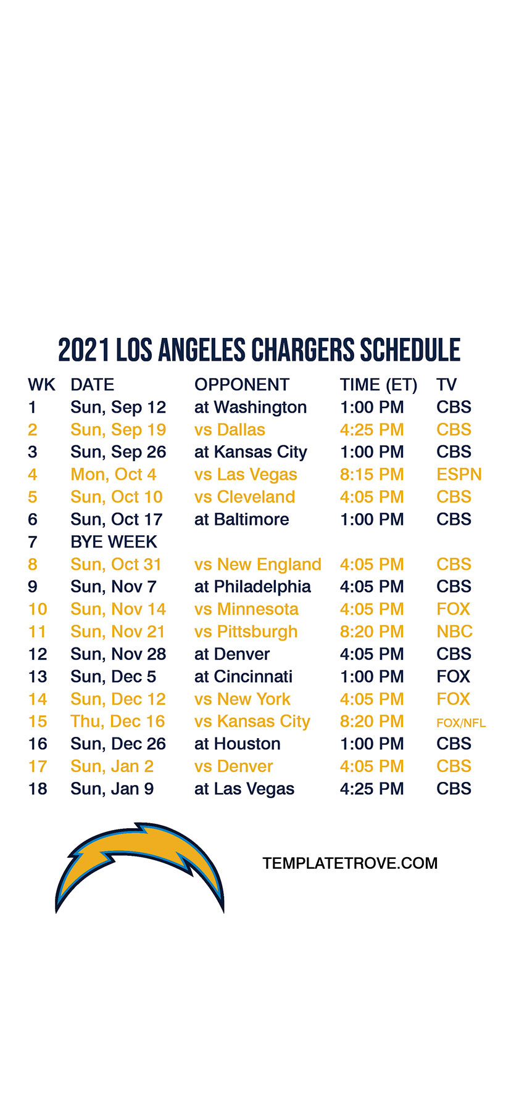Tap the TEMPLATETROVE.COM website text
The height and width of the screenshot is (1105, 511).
pyautogui.click(x=350, y=863)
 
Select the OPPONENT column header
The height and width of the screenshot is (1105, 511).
pyautogui.click(x=242, y=385)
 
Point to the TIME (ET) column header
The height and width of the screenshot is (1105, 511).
pyautogui.click(x=378, y=385)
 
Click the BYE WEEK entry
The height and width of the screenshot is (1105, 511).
pyautogui.click(x=114, y=542)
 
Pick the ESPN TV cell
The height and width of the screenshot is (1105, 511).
pyautogui.click(x=459, y=475)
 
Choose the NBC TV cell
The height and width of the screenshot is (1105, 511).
pyautogui.click(x=454, y=632)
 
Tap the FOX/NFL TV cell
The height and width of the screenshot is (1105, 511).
pyautogui.click(x=461, y=723)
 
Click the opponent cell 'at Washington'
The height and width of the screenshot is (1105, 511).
pyautogui.click(x=251, y=408)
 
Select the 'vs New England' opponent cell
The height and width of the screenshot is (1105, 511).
pyautogui.click(x=258, y=565)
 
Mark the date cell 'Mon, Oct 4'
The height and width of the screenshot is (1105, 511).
pyautogui.click(x=114, y=475)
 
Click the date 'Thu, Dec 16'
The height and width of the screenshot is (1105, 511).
pyautogui.click(x=118, y=721)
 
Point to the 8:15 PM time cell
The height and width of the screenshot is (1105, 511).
pyautogui.click(x=372, y=475)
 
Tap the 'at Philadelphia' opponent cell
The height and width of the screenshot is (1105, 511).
pyautogui.click(x=253, y=587)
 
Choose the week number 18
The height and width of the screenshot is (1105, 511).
pyautogui.click(x=38, y=789)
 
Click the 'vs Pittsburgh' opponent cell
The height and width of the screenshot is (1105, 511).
pyautogui.click(x=246, y=632)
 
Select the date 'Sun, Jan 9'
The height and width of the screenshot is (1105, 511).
pyautogui.click(x=112, y=789)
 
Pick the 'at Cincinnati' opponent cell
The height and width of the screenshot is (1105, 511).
pyautogui.click(x=244, y=677)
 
